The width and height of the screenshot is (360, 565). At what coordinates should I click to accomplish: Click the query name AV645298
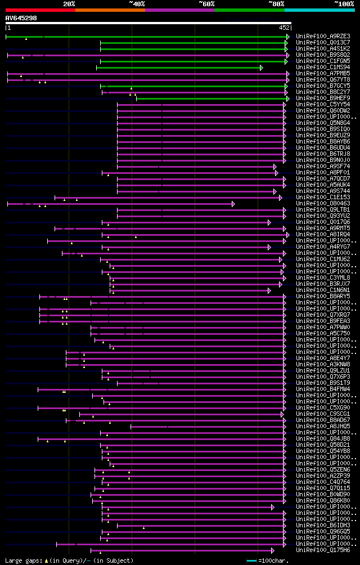(x=21, y=18)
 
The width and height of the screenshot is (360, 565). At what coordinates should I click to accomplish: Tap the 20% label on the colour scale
(x=69, y=3)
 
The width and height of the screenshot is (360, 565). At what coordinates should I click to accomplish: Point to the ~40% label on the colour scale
(x=137, y=3)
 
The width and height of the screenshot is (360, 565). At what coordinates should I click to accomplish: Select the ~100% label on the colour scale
(x=344, y=3)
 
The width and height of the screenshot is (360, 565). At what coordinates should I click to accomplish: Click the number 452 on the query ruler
(x=284, y=27)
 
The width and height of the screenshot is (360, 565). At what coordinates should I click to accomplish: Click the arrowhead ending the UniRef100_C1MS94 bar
(x=262, y=68)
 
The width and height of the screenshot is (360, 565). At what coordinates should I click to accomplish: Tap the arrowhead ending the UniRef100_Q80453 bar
(x=233, y=204)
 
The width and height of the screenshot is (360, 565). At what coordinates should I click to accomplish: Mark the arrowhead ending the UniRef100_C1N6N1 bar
(x=269, y=290)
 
